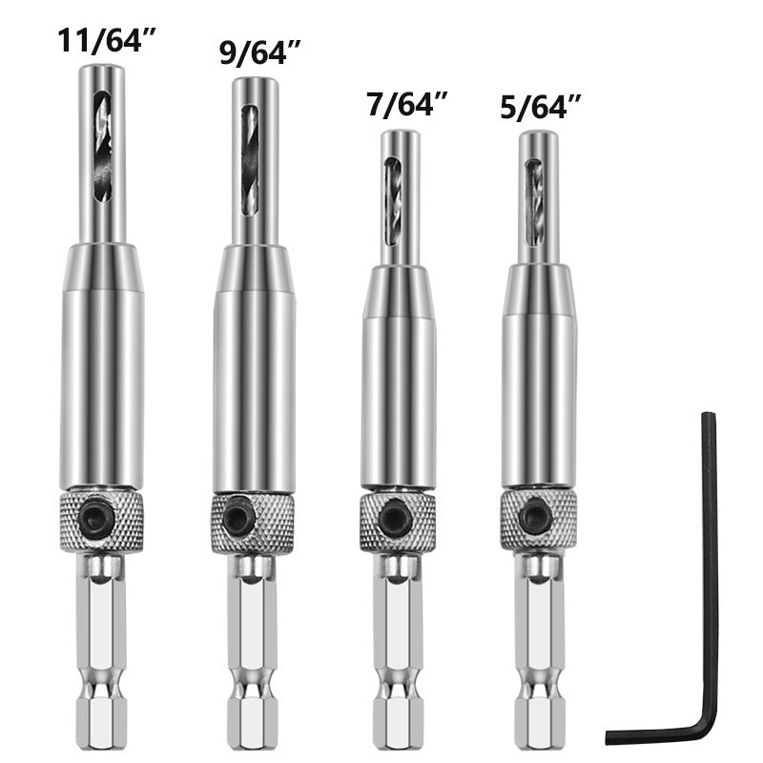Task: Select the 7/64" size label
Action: click(407, 105)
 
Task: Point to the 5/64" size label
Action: click(541, 108)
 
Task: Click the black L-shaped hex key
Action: click(707, 572)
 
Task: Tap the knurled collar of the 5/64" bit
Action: click(563, 520)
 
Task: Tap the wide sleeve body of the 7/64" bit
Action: click(399, 381)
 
